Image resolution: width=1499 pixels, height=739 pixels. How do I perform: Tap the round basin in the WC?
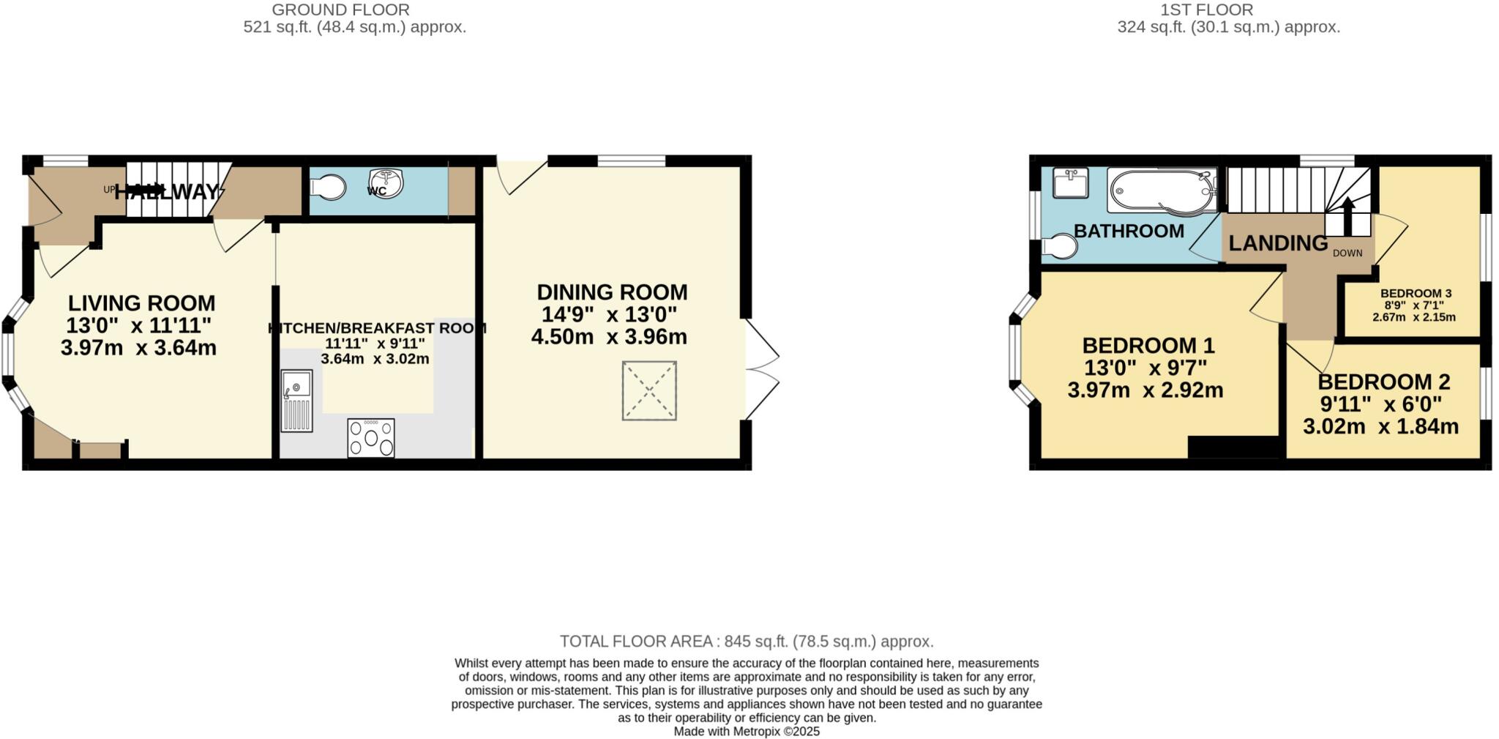point(386,183)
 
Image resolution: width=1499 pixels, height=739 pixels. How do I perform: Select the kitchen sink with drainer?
point(296,401)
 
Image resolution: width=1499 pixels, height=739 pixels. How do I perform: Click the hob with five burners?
point(371,438)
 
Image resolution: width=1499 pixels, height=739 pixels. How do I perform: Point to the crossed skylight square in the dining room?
point(649,390)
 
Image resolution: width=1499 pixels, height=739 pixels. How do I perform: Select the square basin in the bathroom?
point(1071,182)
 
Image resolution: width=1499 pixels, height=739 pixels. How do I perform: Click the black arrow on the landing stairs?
point(1347,213)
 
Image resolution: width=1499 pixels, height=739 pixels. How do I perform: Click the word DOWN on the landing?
point(1347,253)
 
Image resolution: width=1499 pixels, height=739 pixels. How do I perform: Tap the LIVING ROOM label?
point(141,303)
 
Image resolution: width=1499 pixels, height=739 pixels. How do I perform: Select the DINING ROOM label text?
point(612,292)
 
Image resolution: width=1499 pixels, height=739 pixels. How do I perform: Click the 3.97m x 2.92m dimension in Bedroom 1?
point(1145,390)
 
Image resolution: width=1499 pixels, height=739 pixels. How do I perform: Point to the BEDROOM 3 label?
point(1416,294)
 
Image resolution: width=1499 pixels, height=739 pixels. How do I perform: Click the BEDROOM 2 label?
point(1383,382)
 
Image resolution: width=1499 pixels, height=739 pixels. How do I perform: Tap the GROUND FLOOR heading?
point(340,10)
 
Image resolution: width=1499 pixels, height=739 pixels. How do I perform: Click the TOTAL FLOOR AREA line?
point(747,642)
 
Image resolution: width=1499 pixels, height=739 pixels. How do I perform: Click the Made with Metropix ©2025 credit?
point(747,731)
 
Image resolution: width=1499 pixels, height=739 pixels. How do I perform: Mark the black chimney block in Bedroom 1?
point(1233,447)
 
